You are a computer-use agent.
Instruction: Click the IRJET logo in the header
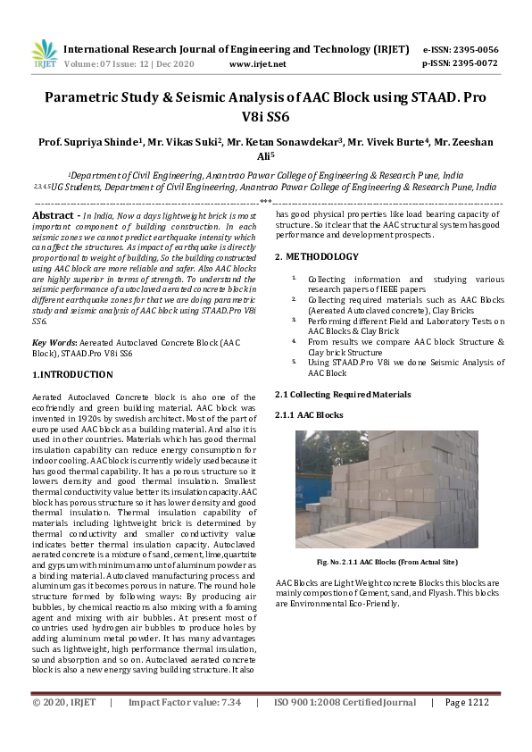(x=44, y=54)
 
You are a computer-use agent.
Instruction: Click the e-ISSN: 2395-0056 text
(x=460, y=49)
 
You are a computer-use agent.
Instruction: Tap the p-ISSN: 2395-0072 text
(x=460, y=63)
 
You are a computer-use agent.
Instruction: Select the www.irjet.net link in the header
(x=257, y=64)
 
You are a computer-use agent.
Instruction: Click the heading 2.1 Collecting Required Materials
(x=342, y=394)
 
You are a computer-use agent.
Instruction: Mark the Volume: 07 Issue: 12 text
(x=122, y=64)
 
